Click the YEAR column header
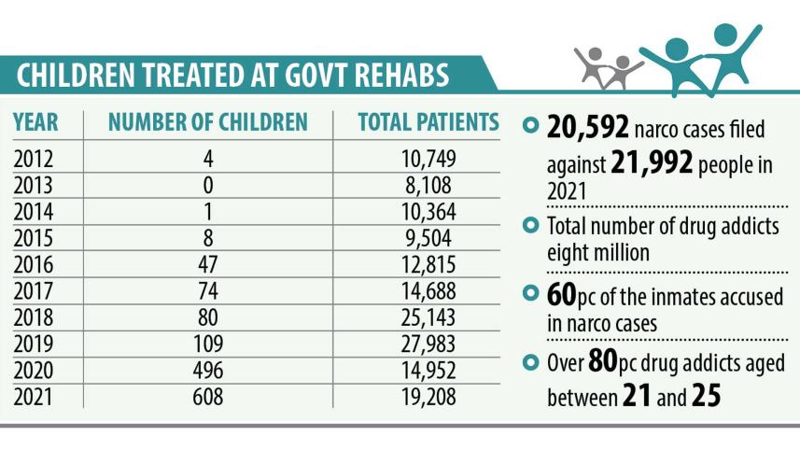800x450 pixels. [x=36, y=122]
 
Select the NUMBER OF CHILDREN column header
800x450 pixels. [x=207, y=122]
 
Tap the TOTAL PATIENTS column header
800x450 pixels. [x=428, y=122]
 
